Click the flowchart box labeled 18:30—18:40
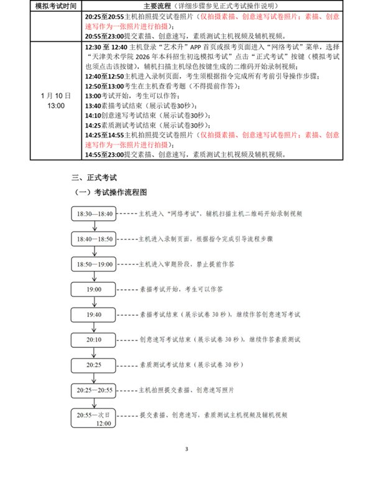[94, 213]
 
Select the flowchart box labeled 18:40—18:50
[94, 238]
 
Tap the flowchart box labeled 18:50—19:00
[94, 264]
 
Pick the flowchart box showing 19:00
[94, 289]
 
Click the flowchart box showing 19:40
[94, 315]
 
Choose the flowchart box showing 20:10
[94, 340]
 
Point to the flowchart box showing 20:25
[94, 365]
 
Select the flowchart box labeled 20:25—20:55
[94, 390]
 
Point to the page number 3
[186, 448]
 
